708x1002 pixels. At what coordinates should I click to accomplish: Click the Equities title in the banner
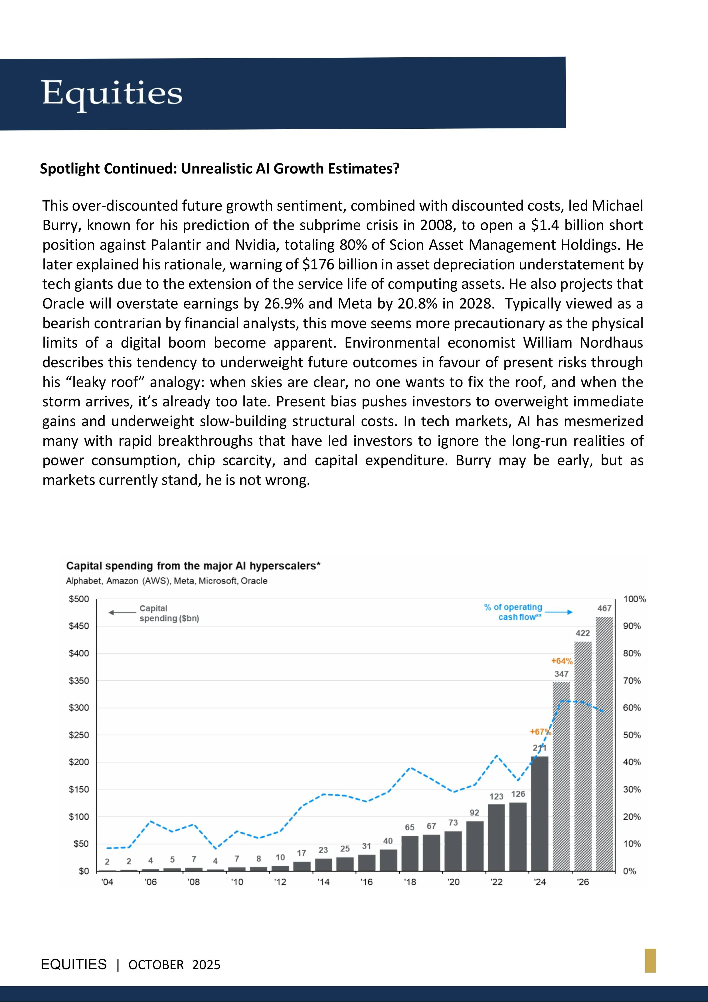(x=112, y=93)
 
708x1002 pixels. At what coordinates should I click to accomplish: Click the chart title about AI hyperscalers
(x=193, y=566)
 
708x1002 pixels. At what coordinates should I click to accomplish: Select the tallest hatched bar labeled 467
(x=604, y=744)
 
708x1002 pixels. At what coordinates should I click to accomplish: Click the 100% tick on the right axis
(x=634, y=599)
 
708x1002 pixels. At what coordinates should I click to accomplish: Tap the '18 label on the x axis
(x=410, y=882)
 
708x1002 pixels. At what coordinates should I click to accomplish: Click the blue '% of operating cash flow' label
(x=513, y=612)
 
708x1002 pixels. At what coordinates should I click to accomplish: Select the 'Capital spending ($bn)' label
(x=169, y=613)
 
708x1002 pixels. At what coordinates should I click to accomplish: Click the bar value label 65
(x=410, y=827)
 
